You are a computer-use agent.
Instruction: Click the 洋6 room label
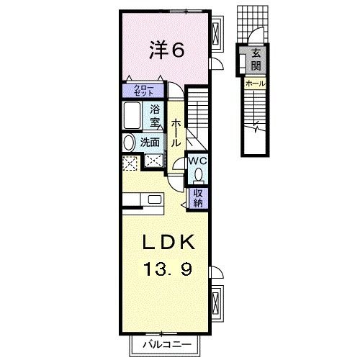click(168, 50)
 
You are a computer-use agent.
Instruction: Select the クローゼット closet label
click(145, 90)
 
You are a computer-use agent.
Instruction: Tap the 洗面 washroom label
click(150, 142)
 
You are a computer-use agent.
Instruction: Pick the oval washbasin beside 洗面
click(129, 142)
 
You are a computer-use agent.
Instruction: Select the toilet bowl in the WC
click(199, 174)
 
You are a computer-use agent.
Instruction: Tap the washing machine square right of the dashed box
click(153, 162)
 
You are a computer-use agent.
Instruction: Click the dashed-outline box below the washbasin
click(130, 163)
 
